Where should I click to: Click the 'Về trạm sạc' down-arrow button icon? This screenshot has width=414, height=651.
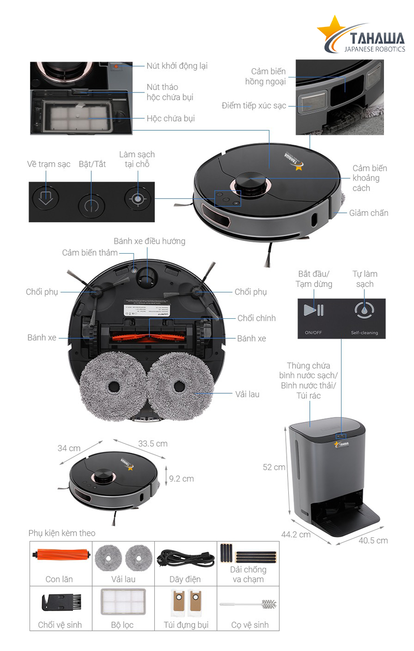point(46,198)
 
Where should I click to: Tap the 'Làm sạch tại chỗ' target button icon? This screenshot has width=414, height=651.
point(137,198)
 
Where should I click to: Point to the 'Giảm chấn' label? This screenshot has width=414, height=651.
point(368,213)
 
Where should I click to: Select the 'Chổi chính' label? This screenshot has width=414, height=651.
point(257,318)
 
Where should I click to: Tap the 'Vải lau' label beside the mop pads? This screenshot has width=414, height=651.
point(247,394)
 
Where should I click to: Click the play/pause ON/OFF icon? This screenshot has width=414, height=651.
point(314,310)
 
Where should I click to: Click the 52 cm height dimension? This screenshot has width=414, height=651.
point(274,467)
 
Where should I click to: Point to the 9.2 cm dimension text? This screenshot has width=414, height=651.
point(182,478)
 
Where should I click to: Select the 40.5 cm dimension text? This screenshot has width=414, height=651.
point(373,540)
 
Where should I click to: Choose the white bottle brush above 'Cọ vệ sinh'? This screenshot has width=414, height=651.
point(248,603)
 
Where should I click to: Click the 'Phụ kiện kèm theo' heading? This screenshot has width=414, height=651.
point(62,533)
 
